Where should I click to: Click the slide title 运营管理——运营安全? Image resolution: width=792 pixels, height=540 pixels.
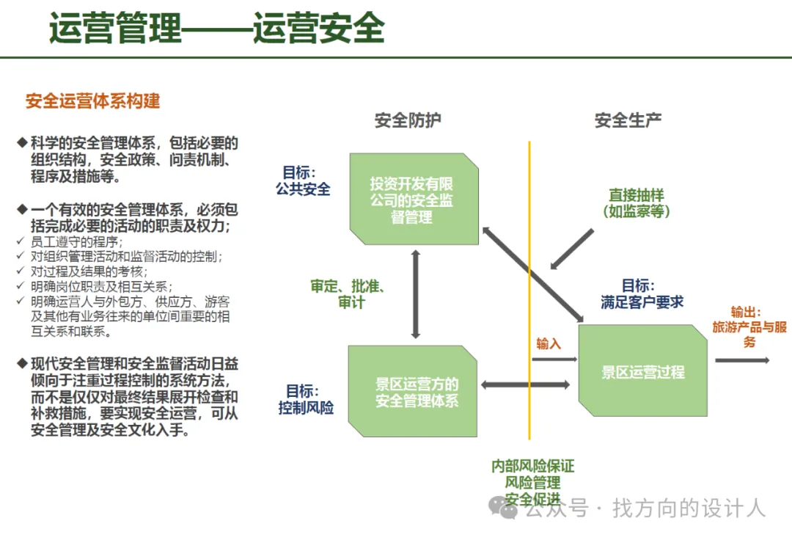tap(217, 29)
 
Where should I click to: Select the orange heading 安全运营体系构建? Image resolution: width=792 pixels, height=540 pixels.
tap(92, 101)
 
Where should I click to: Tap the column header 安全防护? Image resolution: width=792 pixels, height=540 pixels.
tap(408, 120)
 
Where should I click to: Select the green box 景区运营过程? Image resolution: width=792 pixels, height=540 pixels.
tap(642, 371)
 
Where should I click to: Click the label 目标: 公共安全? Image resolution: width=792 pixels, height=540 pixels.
tap(303, 180)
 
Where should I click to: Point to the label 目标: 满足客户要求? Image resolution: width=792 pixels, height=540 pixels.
tap(642, 293)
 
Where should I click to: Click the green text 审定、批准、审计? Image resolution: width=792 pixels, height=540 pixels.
tap(348, 293)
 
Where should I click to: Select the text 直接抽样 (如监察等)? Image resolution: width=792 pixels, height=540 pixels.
tap(636, 203)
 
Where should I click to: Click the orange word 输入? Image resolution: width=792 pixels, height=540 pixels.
tap(548, 343)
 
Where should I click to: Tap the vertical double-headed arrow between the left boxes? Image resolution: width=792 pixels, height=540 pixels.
tap(416, 293)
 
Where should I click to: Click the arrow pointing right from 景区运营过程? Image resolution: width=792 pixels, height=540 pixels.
tap(742, 360)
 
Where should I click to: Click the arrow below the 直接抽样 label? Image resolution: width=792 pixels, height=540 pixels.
tap(572, 249)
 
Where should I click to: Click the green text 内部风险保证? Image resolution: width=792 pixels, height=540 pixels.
tap(532, 467)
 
